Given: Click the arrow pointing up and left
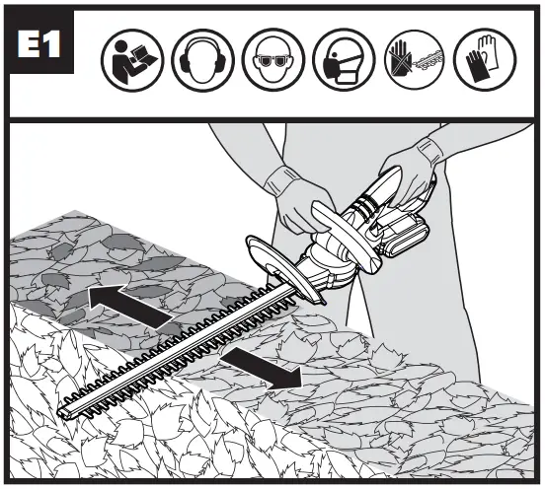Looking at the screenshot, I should tap(119, 301).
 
